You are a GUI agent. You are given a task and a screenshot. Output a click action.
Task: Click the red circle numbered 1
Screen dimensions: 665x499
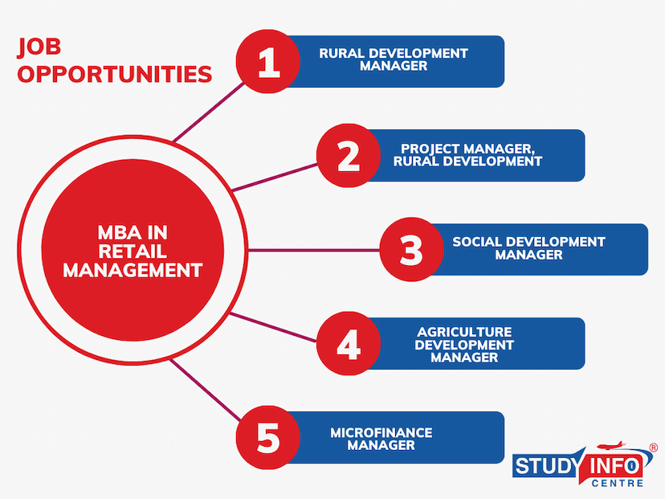(268, 62)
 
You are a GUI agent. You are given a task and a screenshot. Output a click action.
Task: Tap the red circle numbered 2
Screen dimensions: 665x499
(349, 155)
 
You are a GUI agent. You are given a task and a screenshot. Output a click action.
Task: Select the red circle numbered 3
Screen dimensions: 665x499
(411, 249)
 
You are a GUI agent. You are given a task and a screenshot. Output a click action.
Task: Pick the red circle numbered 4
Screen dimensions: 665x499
(349, 343)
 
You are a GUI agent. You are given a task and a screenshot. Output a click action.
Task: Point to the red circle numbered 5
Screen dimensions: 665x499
(268, 437)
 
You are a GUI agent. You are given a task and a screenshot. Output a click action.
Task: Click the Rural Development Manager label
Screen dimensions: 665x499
(394, 59)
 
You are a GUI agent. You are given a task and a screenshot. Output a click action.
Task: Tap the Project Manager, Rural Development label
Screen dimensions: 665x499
(467, 155)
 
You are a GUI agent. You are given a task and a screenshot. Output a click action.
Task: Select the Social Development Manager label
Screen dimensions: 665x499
(528, 248)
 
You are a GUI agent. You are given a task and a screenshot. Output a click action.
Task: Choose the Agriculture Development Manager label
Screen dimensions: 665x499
(464, 345)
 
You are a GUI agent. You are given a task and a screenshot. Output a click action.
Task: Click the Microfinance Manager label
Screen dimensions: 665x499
(381, 439)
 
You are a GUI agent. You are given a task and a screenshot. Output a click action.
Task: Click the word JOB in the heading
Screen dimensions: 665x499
(39, 47)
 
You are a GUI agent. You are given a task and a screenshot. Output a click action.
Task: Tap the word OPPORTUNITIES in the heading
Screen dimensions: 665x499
(115, 74)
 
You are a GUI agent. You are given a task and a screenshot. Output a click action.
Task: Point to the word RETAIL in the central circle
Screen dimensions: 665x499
(133, 252)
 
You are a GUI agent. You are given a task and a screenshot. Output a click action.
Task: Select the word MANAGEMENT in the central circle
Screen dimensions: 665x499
(133, 270)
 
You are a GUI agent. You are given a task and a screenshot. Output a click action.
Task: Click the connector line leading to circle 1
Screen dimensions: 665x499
(209, 112)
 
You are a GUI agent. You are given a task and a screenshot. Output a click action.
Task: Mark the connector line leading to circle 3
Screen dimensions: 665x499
(314, 251)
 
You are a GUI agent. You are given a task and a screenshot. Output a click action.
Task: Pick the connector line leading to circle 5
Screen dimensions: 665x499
(206, 390)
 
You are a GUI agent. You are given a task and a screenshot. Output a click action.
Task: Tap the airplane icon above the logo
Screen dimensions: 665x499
(610, 445)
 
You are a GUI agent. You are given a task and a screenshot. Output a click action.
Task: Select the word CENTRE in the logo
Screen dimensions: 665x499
(618, 483)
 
